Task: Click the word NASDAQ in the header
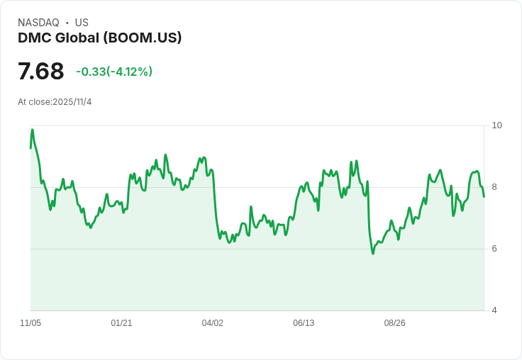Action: click(x=38, y=23)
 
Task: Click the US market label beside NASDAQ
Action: click(x=82, y=23)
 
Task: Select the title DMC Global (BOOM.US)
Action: click(x=100, y=38)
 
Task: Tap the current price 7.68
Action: click(x=41, y=71)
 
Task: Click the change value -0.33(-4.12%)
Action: click(x=114, y=72)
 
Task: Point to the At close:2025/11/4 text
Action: click(x=55, y=102)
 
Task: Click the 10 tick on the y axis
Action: click(x=496, y=125)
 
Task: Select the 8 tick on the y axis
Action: click(x=494, y=187)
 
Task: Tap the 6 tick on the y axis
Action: click(x=494, y=249)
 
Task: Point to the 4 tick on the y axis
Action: click(x=494, y=310)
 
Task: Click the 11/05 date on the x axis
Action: click(x=30, y=323)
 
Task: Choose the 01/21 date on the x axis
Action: click(x=121, y=323)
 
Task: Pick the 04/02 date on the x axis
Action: click(x=213, y=323)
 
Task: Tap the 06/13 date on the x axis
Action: click(x=304, y=323)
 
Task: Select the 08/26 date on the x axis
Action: click(x=395, y=323)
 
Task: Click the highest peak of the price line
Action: click(x=32, y=130)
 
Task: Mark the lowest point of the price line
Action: click(x=373, y=253)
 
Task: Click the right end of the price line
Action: click(x=484, y=196)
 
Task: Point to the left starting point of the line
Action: click(x=30, y=147)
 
